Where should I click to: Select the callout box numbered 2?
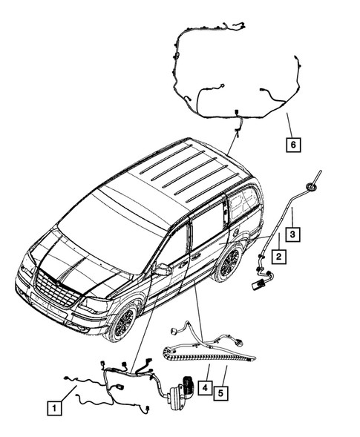278,256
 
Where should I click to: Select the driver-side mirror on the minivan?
162,269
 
